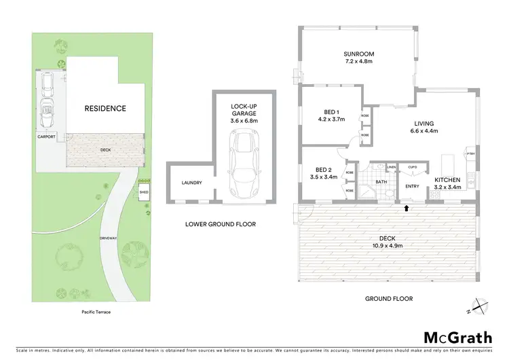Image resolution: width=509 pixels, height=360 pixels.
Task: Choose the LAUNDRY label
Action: [192, 183]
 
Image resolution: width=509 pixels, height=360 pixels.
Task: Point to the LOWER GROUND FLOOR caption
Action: [221, 223]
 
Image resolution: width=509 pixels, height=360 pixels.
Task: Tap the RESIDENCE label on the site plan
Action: [105, 109]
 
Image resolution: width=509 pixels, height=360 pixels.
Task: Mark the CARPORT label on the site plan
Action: [47, 137]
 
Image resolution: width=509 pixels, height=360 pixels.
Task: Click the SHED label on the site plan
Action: [143, 192]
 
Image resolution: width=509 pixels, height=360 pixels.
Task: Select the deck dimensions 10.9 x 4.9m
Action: [388, 245]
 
